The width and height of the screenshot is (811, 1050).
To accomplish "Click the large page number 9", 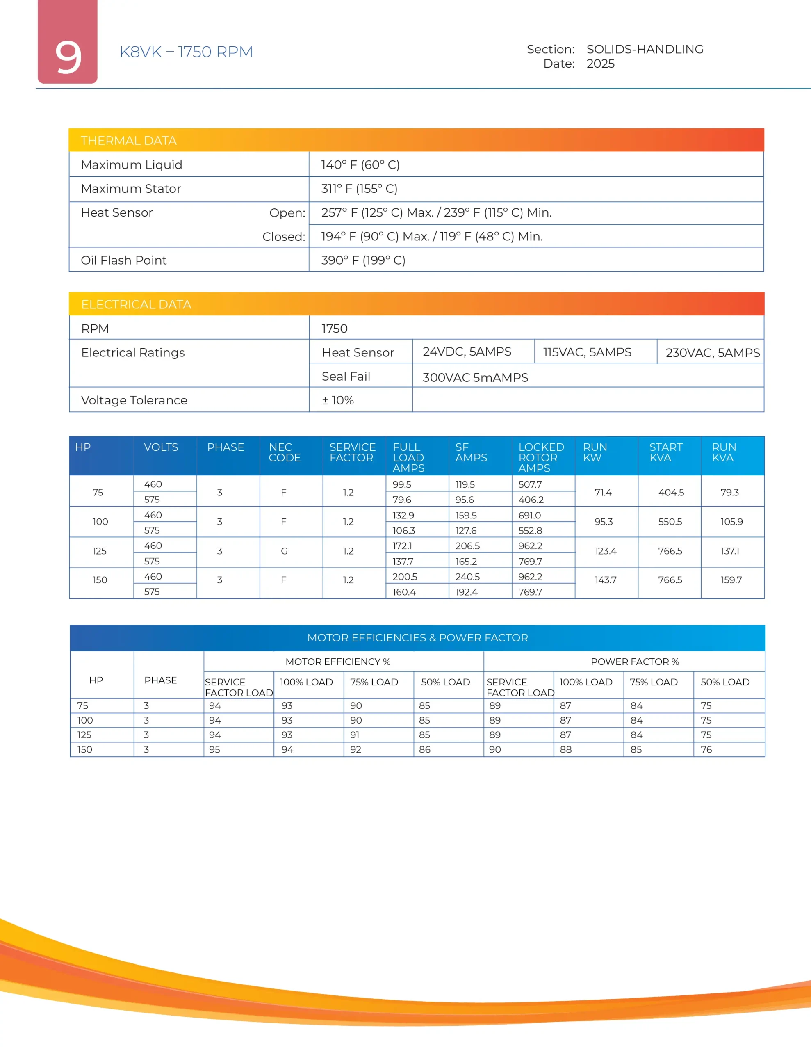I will (68, 57).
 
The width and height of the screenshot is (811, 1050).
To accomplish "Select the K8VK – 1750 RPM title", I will (186, 52).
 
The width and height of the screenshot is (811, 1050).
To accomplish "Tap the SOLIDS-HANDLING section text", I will (645, 50).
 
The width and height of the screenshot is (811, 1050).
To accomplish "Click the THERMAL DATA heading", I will (129, 141).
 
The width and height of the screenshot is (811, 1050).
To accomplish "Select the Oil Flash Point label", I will (123, 260).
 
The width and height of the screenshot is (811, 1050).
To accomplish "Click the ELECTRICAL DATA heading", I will (136, 304).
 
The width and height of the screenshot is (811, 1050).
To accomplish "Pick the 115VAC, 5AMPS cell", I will (587, 352).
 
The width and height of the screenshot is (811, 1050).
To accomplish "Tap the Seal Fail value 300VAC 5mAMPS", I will (475, 377).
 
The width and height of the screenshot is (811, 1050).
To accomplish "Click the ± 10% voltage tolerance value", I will (337, 400).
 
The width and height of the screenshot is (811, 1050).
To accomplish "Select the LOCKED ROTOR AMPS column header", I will (541, 457).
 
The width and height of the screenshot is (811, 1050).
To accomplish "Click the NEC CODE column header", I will (284, 452).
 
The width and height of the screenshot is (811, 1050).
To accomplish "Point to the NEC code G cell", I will (284, 551).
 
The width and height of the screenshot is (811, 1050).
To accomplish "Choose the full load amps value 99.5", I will (401, 484).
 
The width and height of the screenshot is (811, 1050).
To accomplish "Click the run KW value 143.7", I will (605, 580).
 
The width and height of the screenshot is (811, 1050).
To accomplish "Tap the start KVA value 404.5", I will (671, 492).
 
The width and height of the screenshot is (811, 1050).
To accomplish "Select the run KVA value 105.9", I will (731, 522).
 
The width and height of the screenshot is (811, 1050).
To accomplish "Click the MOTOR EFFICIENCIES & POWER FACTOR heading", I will (417, 637).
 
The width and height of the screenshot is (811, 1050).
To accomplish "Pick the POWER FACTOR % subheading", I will (635, 662).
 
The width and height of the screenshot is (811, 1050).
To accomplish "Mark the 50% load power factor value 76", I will (706, 749).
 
